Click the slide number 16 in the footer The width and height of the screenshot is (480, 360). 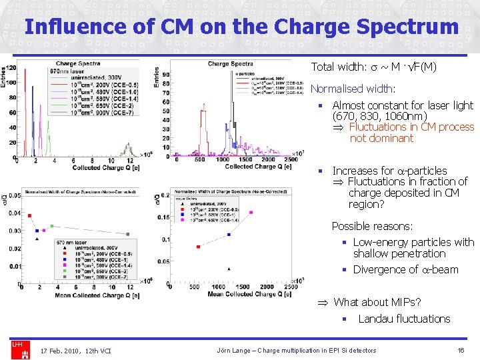click(x=461, y=350)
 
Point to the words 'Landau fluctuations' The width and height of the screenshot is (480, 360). click(x=404, y=319)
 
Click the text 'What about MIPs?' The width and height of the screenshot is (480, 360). click(x=377, y=302)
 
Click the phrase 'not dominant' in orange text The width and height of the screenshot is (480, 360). click(x=381, y=138)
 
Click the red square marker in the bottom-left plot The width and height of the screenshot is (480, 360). click(x=28, y=215)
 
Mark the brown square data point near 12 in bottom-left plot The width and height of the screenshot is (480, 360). click(x=128, y=234)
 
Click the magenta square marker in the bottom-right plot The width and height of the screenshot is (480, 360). click(x=251, y=213)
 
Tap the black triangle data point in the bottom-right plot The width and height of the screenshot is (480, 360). click(x=229, y=269)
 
